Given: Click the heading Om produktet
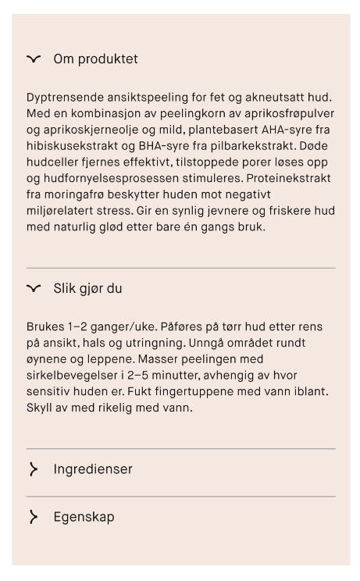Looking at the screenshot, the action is pyautogui.click(x=95, y=59).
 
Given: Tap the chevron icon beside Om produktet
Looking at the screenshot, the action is pyautogui.click(x=33, y=59).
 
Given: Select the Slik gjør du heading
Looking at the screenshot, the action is pyautogui.click(x=87, y=288).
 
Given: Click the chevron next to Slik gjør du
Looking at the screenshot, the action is pyautogui.click(x=33, y=288).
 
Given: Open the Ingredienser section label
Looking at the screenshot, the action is pyautogui.click(x=92, y=469).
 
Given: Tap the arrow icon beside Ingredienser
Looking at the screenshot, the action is pyautogui.click(x=33, y=469).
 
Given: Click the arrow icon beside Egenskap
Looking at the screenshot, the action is pyautogui.click(x=33, y=517).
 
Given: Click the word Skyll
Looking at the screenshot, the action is pyautogui.click(x=41, y=408).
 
